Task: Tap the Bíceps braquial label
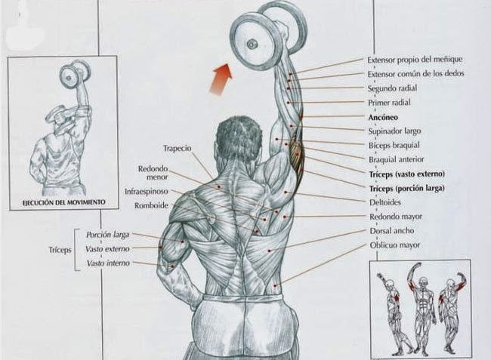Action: point(393,145)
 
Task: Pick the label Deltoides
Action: point(384,202)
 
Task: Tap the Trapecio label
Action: point(176,147)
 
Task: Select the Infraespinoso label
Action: point(147,192)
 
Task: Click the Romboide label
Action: point(150,205)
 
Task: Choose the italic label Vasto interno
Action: point(107,263)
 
